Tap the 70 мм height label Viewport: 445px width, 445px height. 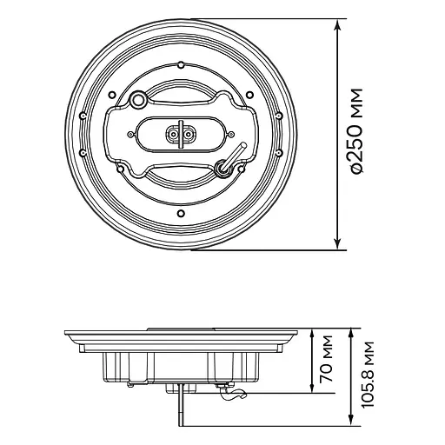tap(326, 359)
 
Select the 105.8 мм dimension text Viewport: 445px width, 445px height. tap(369, 375)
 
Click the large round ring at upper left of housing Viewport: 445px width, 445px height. tap(137, 99)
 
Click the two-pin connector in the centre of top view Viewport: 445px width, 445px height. tap(181, 135)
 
